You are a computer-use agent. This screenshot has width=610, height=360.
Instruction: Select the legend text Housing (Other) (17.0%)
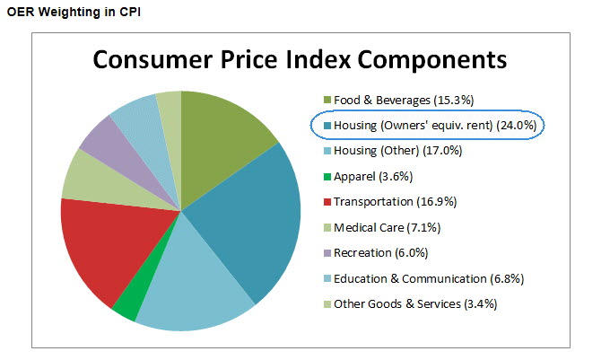[x=398, y=151]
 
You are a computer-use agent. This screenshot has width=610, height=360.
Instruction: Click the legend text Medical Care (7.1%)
[x=384, y=227]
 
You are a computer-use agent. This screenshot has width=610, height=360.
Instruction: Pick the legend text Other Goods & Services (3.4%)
[x=415, y=303]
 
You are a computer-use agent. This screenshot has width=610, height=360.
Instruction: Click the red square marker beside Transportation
[x=327, y=202]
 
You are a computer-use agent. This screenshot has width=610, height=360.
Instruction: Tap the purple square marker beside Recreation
[x=327, y=253]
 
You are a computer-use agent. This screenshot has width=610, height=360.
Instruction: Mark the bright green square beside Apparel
[x=327, y=177]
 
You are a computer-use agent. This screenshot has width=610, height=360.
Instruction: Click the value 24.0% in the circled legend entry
[x=518, y=126]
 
